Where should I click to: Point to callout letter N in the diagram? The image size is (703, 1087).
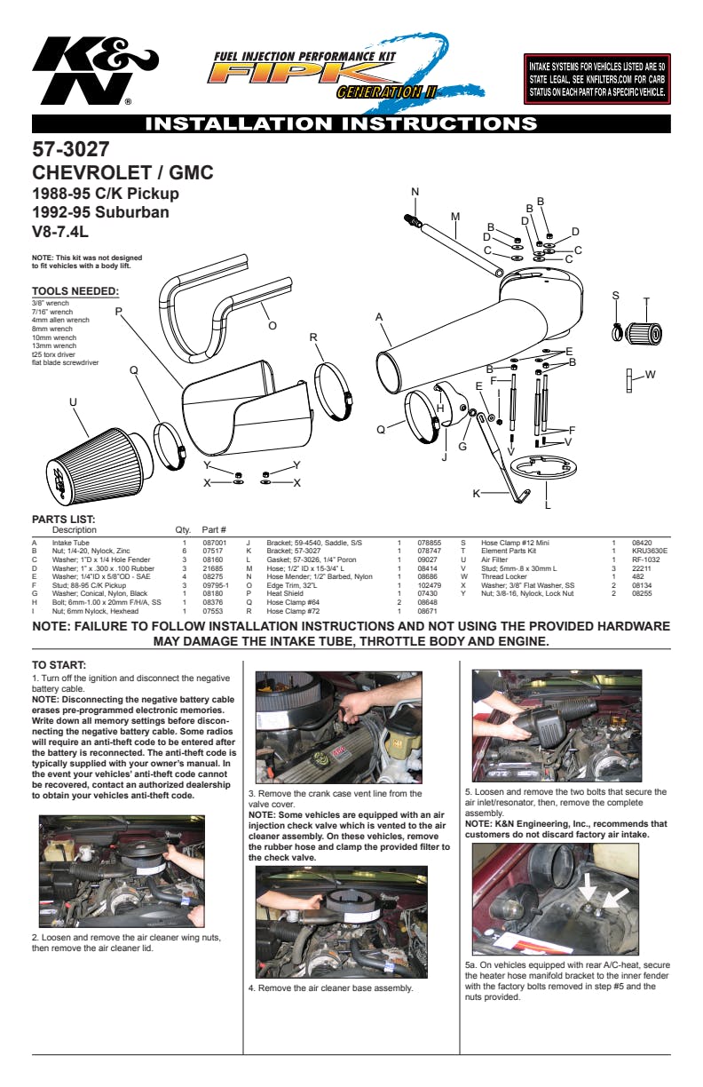pyautogui.click(x=415, y=193)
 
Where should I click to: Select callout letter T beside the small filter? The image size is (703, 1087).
pyautogui.click(x=646, y=301)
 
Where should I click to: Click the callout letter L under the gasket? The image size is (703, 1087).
pyautogui.click(x=548, y=505)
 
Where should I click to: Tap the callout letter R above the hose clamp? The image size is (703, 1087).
pyautogui.click(x=313, y=337)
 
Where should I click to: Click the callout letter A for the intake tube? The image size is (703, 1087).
pyautogui.click(x=379, y=317)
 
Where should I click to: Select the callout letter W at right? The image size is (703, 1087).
pyautogui.click(x=650, y=375)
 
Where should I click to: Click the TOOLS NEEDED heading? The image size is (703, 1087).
pyautogui.click(x=75, y=290)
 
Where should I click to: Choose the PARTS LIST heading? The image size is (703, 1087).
pyautogui.click(x=63, y=520)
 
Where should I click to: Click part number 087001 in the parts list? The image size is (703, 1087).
pyautogui.click(x=215, y=542)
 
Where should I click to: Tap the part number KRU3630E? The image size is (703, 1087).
pyautogui.click(x=649, y=551)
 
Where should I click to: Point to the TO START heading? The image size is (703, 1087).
pyautogui.click(x=59, y=664)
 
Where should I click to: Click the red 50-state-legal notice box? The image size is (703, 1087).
pyautogui.click(x=597, y=79)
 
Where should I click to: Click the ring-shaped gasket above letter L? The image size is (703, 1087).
pyautogui.click(x=541, y=464)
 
